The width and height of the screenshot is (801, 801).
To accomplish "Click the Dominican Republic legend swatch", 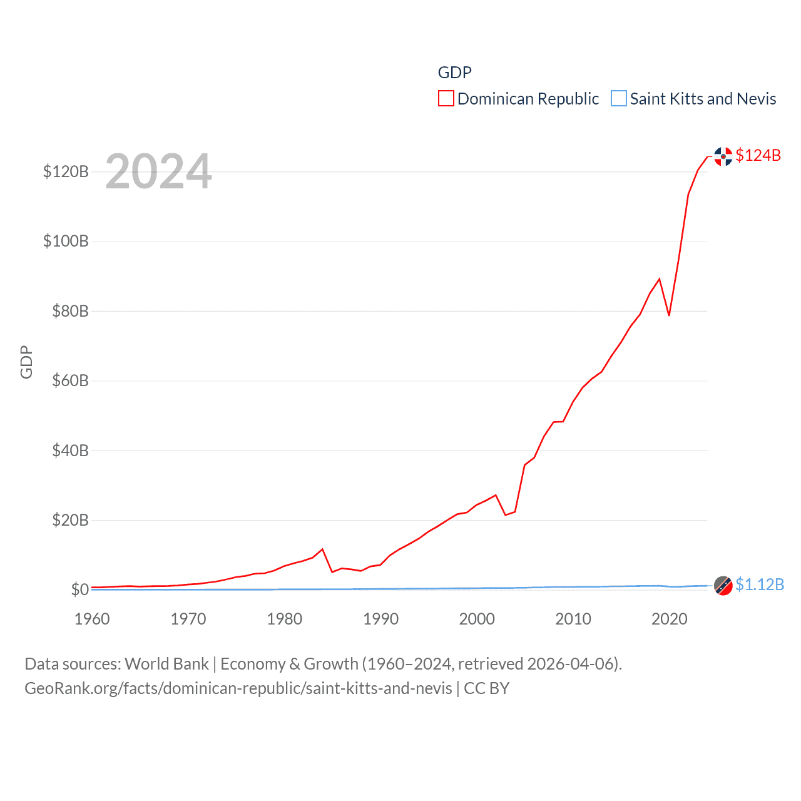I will tap(446, 99).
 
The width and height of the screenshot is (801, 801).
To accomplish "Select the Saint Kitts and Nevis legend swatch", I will tap(618, 99).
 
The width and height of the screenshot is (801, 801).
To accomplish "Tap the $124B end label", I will tap(758, 155).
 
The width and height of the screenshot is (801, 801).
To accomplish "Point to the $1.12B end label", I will tap(759, 584).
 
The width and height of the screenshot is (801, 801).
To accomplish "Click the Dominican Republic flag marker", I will tap(723, 156).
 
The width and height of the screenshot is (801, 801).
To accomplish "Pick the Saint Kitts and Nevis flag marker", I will tap(723, 586).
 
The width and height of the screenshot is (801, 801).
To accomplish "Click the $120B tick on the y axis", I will tap(66, 171).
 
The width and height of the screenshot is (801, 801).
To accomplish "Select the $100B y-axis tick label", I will tap(66, 241).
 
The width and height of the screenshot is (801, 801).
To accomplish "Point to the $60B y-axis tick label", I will tap(70, 380).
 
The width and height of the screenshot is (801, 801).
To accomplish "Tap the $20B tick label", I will tap(70, 520).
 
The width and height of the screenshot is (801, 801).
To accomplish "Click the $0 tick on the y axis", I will tap(79, 589).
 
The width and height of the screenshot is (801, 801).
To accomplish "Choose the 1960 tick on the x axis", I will tap(92, 619).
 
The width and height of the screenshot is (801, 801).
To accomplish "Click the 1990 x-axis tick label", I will tap(380, 619).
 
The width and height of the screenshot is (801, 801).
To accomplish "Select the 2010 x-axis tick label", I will tap(573, 619).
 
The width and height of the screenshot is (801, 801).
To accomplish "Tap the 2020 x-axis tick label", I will tap(670, 619).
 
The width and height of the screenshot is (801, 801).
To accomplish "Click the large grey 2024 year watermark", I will tap(158, 171).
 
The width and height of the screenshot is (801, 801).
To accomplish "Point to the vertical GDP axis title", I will tap(26, 362).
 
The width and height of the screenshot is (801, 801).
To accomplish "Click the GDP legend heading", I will tap(454, 73).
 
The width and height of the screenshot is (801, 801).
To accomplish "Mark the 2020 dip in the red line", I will tap(669, 315).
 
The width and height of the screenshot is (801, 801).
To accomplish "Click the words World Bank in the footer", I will tap(166, 664).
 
